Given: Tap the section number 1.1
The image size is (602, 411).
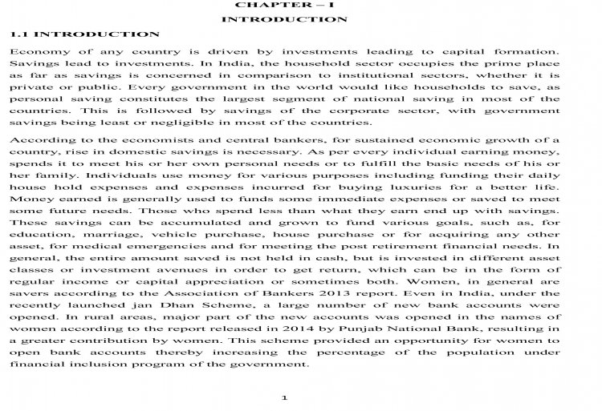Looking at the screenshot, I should pyautogui.click(x=19, y=34).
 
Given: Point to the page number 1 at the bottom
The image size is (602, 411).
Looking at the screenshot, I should pyautogui.click(x=284, y=398).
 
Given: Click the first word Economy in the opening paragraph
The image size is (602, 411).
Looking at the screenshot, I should pyautogui.click(x=35, y=51).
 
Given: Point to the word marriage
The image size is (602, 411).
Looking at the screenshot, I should pyautogui.click(x=125, y=233).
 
